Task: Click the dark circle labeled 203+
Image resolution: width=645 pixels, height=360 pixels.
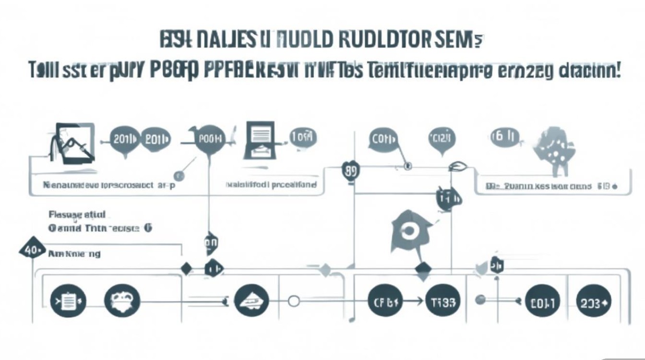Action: tap(593, 303)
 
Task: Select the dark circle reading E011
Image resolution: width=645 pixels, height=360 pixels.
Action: tap(543, 303)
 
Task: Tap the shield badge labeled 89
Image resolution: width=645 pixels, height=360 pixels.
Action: tap(351, 172)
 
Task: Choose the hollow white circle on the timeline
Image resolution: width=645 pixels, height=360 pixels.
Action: tap(293, 301)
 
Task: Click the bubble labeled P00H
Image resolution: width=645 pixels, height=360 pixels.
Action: tap(210, 140)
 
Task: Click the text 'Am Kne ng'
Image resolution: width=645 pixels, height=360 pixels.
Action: tap(74, 253)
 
